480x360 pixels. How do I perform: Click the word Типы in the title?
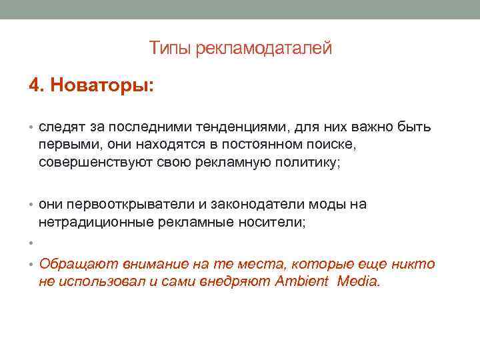tap(170, 48)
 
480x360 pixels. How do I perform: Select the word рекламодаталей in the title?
tap(263, 48)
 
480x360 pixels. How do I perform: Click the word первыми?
tap(67, 145)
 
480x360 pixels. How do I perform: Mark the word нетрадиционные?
tap(96, 223)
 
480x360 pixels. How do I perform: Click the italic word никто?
tap(417, 264)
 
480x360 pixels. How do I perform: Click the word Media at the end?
tap(359, 281)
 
